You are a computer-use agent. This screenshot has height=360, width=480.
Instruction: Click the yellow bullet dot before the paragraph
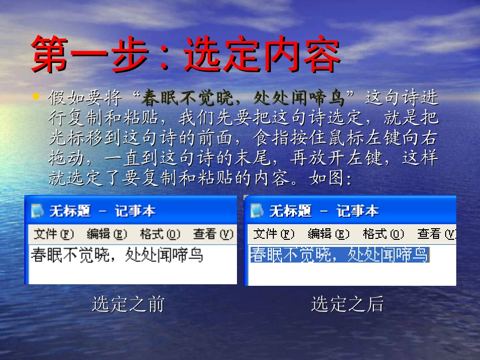[x=35, y=96]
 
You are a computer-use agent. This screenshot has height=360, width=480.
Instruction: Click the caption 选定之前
[x=128, y=304]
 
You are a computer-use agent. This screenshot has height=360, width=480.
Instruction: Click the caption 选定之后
[x=347, y=304]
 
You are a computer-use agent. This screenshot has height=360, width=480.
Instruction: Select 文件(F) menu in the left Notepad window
[x=53, y=234]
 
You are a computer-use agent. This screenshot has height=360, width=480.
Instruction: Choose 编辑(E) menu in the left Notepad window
[x=106, y=234]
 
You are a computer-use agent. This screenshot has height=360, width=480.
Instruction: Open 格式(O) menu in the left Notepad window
[x=160, y=234]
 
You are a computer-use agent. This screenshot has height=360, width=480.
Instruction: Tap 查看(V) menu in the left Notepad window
[x=213, y=234]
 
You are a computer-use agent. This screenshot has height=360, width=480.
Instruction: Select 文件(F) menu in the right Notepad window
[x=273, y=234]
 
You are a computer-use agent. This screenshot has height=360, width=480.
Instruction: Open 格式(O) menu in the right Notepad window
[x=383, y=234]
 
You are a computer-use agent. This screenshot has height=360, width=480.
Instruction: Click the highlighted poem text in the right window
[x=339, y=255]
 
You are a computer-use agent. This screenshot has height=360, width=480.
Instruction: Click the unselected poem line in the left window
[x=117, y=255]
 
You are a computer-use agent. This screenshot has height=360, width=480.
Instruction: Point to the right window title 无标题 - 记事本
[x=324, y=211]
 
